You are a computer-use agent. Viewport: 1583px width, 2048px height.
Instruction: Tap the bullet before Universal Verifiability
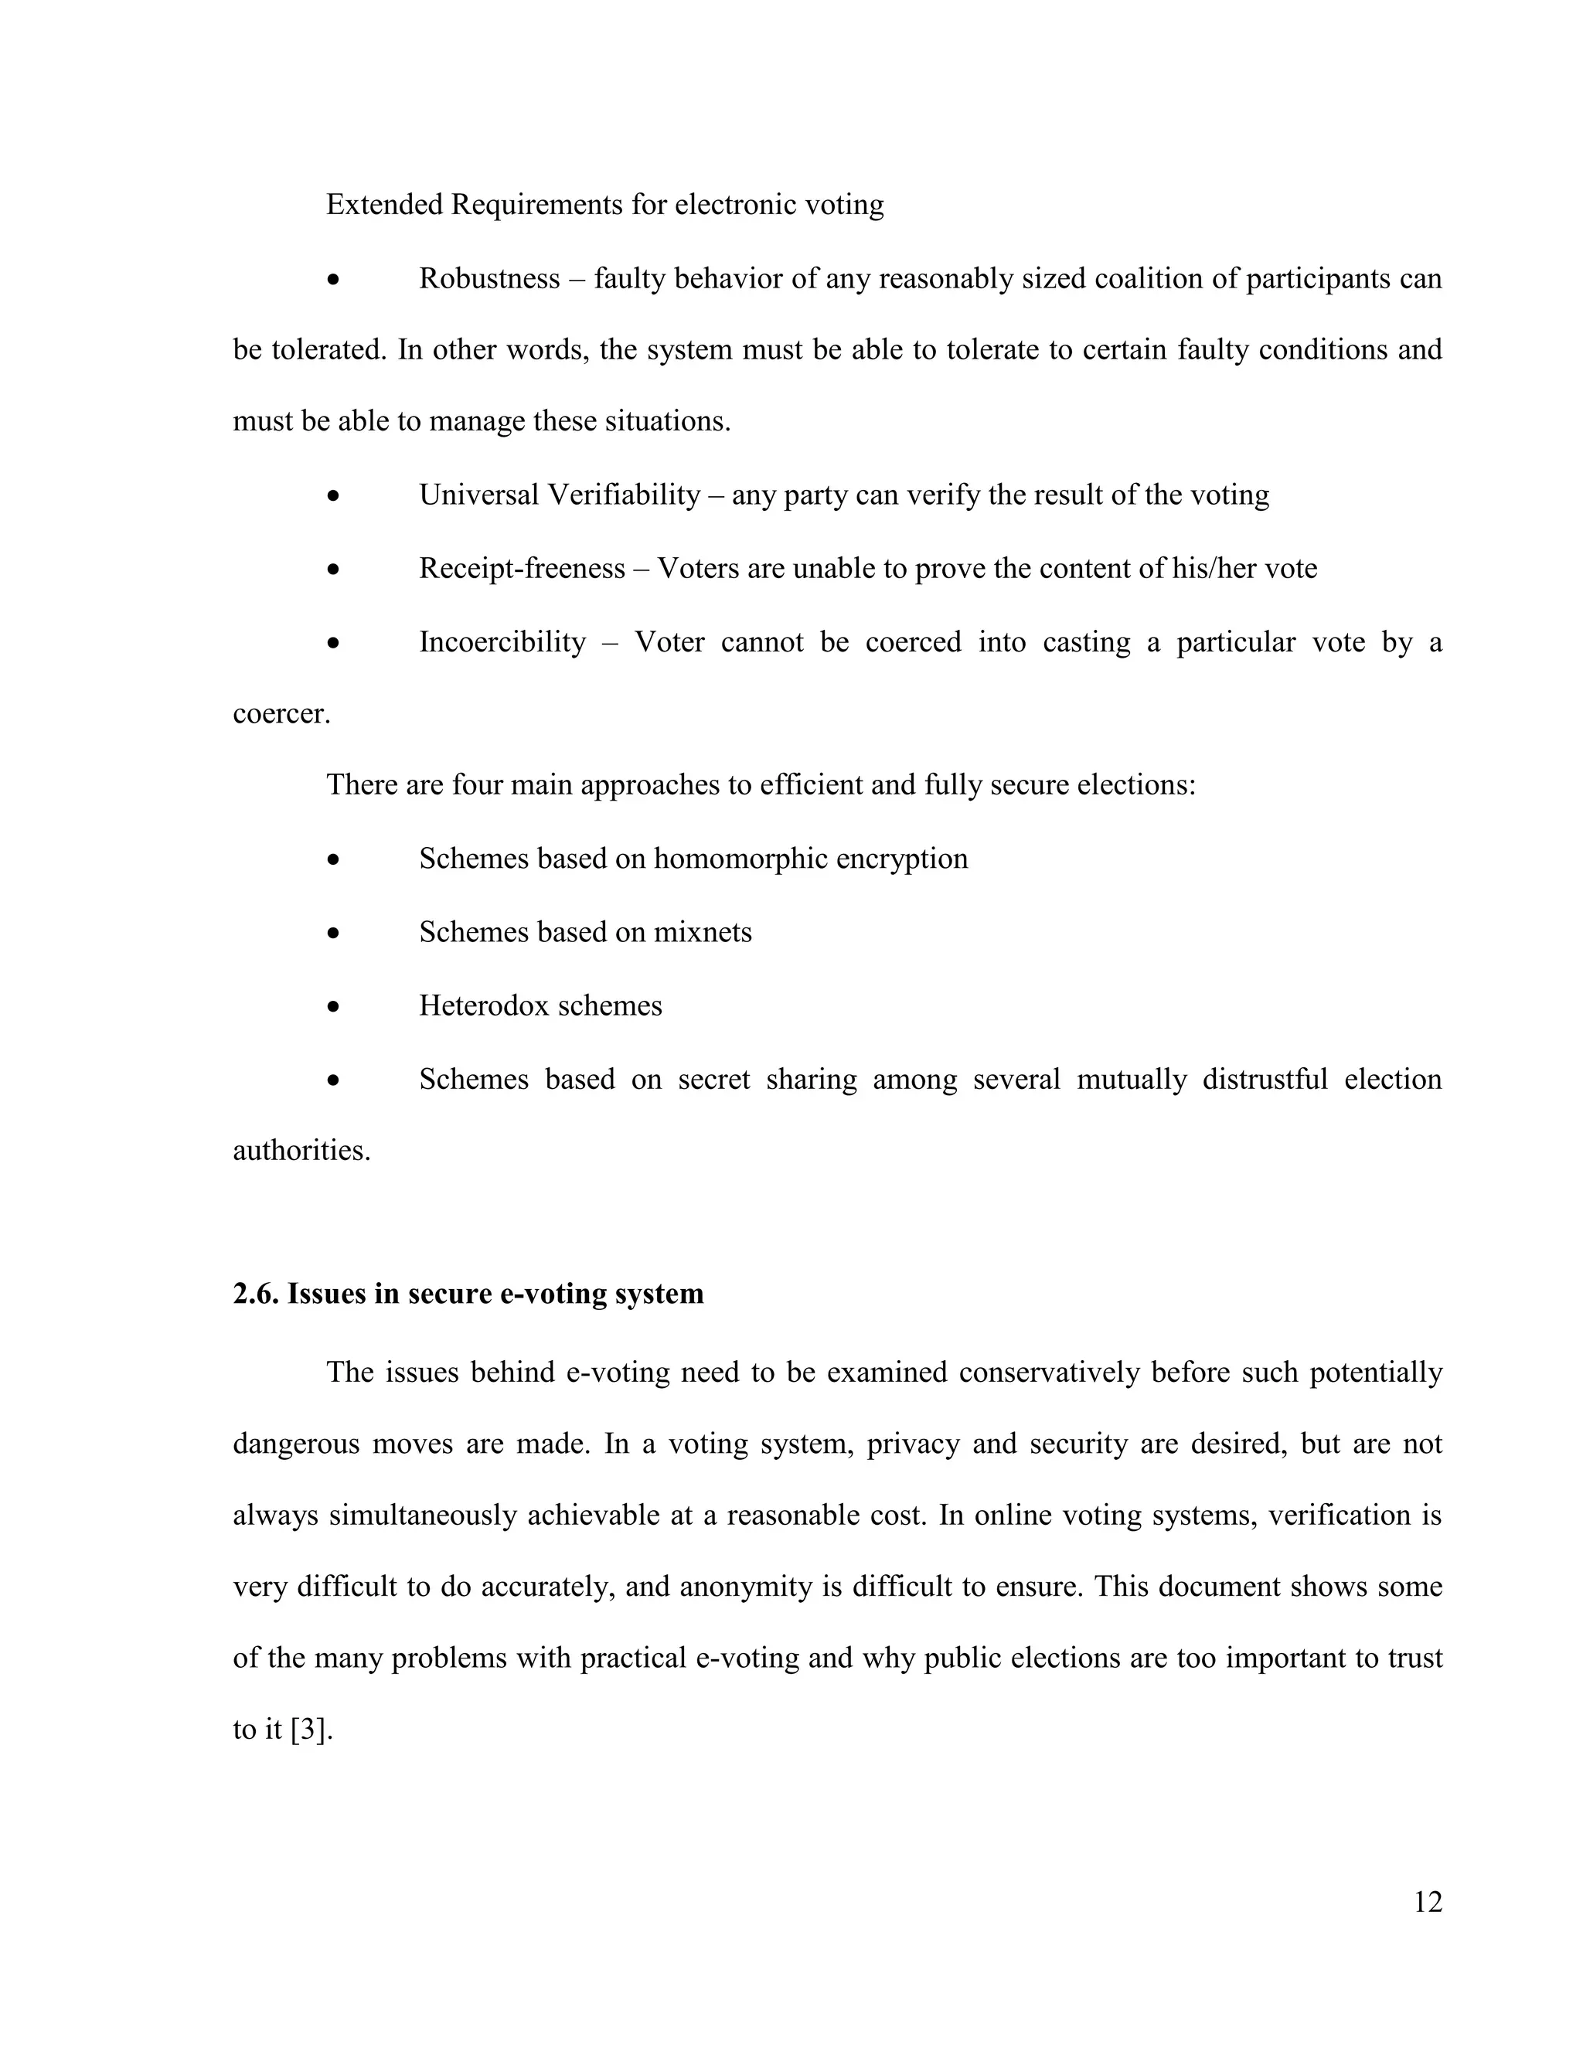pos(333,495)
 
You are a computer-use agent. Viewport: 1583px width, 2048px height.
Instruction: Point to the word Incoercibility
pos(502,642)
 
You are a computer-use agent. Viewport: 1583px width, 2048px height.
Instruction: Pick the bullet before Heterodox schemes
pos(333,1006)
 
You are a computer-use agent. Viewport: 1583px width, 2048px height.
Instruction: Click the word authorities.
pos(301,1151)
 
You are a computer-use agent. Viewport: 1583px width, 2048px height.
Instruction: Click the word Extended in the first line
pos(383,205)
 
